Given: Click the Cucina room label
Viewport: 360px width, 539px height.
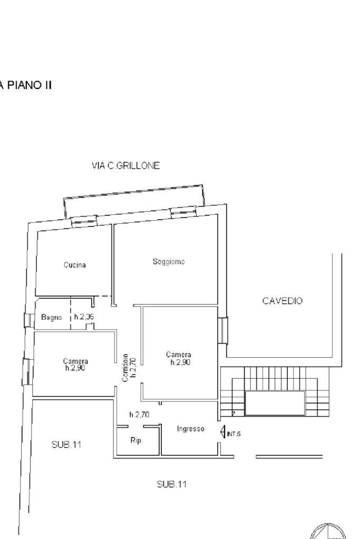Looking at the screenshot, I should click(x=75, y=265).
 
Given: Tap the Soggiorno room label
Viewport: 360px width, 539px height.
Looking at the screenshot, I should click(x=169, y=262).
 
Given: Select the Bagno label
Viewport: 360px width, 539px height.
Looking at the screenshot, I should click(x=52, y=317).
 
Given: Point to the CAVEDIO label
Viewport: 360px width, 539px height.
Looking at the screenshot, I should click(x=283, y=301).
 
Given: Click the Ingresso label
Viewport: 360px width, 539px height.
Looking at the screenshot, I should click(x=190, y=429).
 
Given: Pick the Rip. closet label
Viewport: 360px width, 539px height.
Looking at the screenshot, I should click(x=136, y=440).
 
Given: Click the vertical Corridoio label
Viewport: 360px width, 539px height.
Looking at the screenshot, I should click(x=125, y=368).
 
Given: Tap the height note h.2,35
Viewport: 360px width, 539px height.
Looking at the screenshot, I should click(x=84, y=317).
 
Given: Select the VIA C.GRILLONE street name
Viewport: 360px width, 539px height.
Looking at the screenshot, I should click(x=125, y=165).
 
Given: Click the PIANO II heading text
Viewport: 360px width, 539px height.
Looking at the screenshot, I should click(x=26, y=84).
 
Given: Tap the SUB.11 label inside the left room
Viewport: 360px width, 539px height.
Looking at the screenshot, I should click(x=66, y=445).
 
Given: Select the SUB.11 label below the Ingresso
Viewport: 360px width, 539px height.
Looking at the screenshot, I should click(x=171, y=484).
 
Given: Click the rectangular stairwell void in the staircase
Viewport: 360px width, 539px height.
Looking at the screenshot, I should click(x=275, y=403).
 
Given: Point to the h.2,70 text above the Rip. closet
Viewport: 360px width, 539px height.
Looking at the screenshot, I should click(x=139, y=415).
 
